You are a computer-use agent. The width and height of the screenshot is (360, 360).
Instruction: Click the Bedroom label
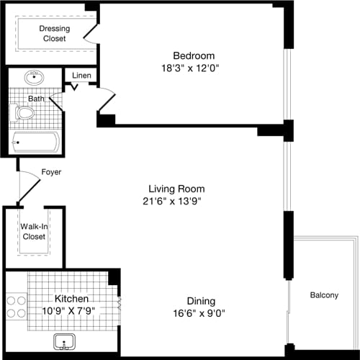tap(194, 55)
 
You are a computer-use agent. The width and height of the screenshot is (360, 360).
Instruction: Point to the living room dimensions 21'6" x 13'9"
tap(171, 202)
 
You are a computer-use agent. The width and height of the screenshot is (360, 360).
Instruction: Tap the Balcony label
tap(325, 295)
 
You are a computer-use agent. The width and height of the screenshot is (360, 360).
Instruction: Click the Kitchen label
tap(71, 298)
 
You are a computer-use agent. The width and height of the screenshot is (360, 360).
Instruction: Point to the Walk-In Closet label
tap(33, 231)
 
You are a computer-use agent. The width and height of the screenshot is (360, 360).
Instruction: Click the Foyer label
tap(51, 172)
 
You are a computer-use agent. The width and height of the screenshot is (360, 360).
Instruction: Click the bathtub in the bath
tap(36, 142)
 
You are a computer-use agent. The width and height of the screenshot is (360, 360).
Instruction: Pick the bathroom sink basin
tap(33, 78)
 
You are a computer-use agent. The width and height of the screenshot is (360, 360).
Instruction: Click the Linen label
tap(81, 75)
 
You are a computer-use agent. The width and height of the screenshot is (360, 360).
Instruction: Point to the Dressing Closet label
tap(54, 33)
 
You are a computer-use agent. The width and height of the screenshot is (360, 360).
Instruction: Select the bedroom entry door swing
tap(106, 102)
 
